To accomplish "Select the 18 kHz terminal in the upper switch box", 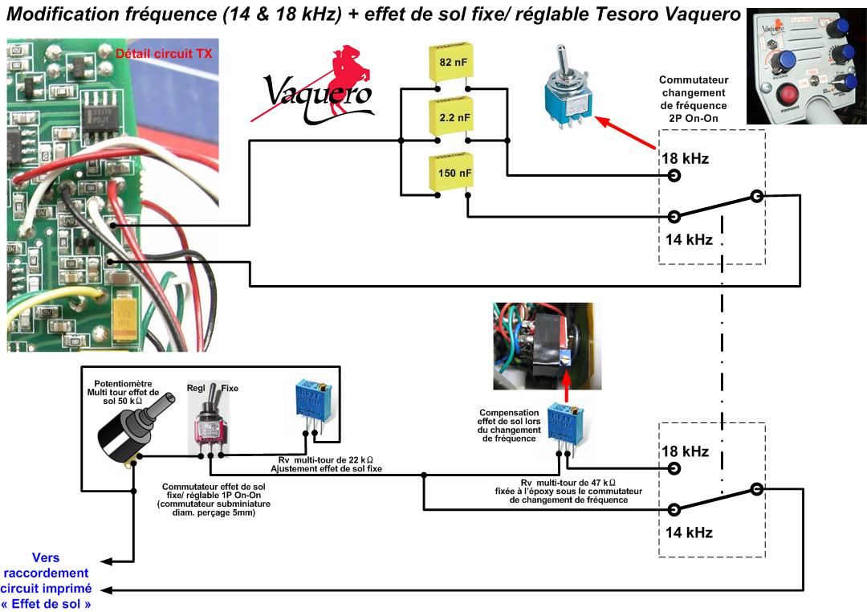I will [x=674, y=174].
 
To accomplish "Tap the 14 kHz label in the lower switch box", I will [x=689, y=532].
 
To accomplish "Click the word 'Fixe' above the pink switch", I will [x=230, y=388].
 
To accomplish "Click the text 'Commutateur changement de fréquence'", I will [x=693, y=99].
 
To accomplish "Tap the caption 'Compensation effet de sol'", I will [x=510, y=426].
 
